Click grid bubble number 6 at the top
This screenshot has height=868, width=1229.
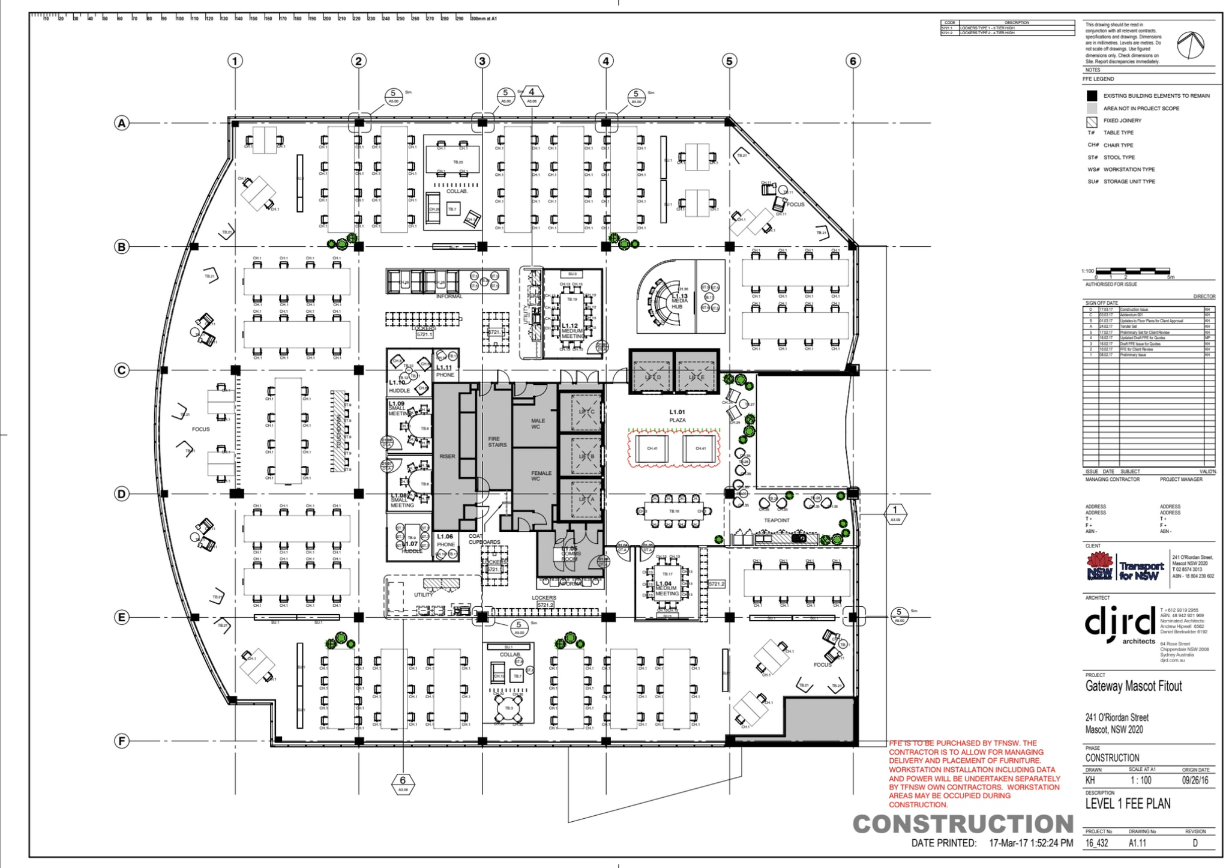853,61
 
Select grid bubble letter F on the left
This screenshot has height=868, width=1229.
122,741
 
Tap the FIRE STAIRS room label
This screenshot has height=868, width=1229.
497,442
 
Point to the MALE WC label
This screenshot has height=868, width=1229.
538,424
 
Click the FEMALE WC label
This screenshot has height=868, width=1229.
541,476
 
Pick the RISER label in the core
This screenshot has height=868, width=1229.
447,456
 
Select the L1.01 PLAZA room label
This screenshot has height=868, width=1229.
677,415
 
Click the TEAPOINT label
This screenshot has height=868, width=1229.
777,520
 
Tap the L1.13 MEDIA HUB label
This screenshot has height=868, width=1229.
679,301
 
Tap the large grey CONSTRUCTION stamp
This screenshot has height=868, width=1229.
963,824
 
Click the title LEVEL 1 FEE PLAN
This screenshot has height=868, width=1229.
1128,803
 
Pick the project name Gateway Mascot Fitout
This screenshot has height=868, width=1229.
1134,686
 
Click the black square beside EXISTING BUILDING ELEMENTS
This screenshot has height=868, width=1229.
1092,95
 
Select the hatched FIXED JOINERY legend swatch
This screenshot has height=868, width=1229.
1092,121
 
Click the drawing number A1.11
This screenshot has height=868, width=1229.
1137,843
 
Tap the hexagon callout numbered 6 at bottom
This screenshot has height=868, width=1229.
403,782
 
